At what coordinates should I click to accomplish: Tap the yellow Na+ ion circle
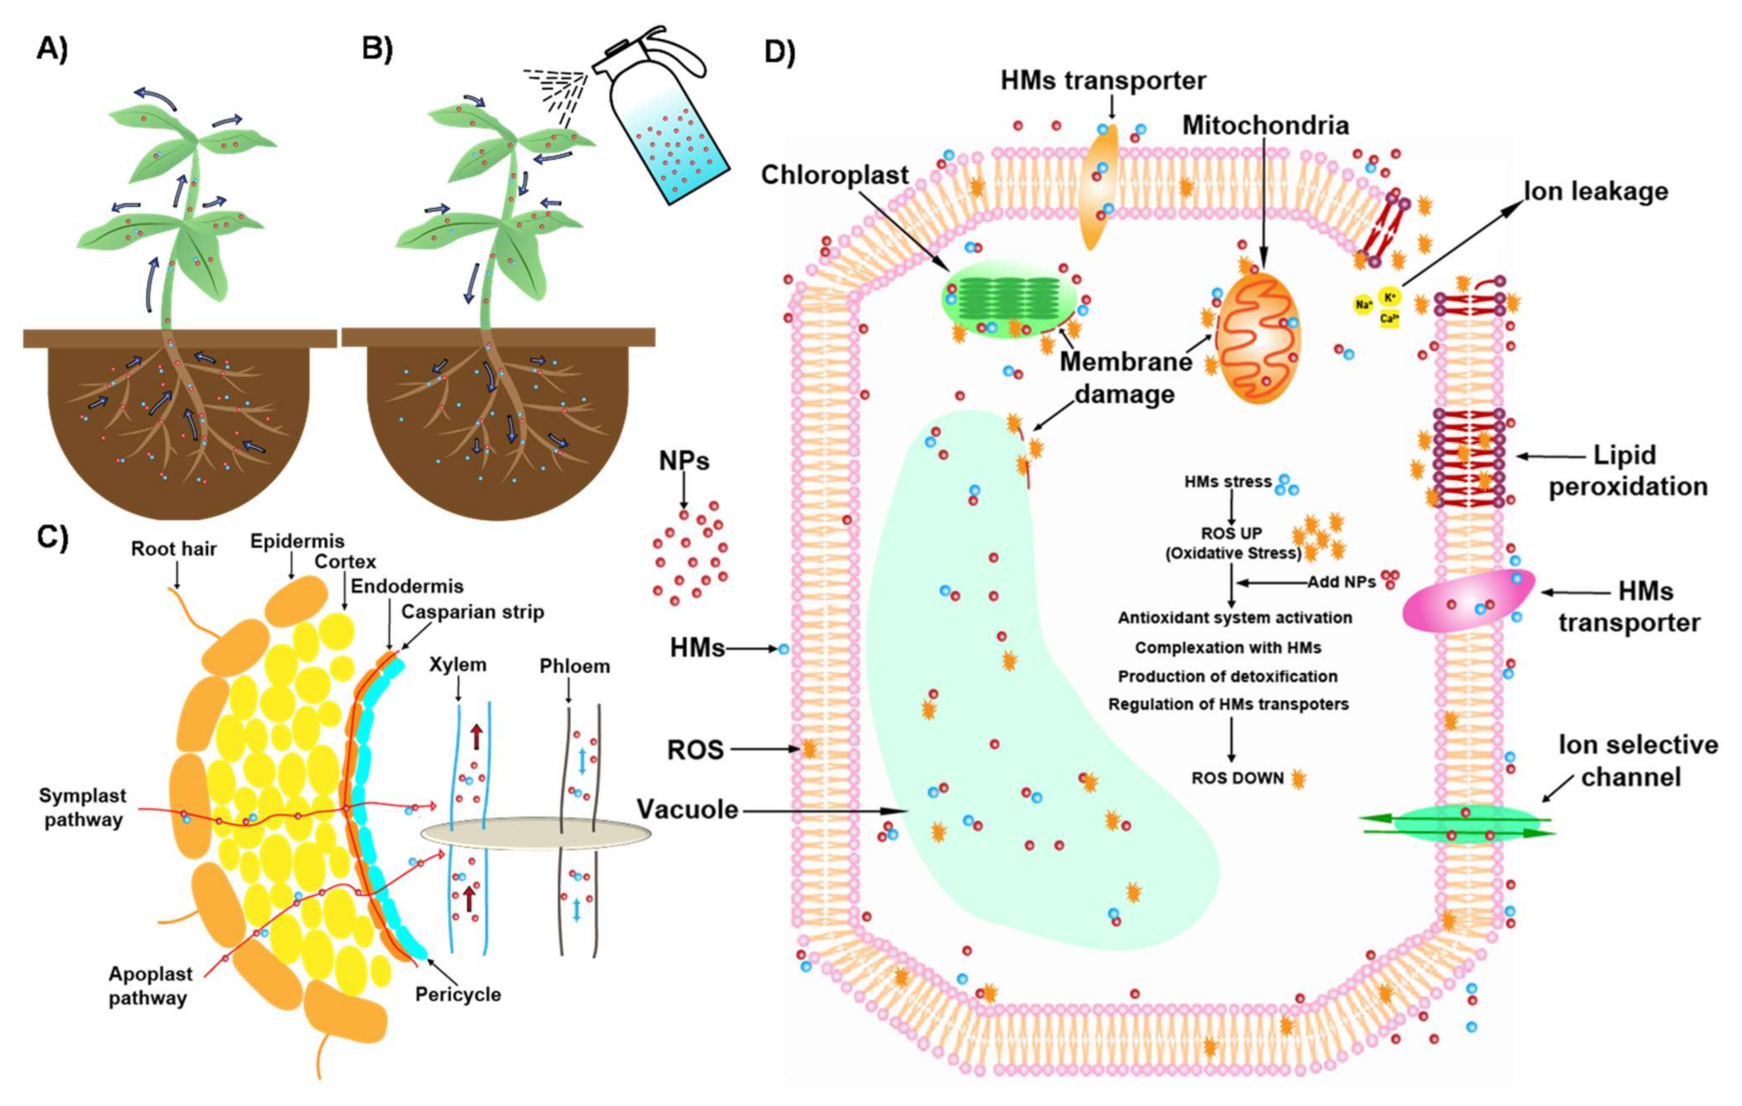click(x=1363, y=305)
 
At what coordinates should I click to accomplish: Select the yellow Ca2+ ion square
click(x=1390, y=318)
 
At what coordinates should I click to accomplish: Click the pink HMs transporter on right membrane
click(x=1469, y=600)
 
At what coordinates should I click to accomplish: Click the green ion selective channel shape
click(x=1458, y=825)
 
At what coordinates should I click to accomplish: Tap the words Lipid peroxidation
click(x=1627, y=471)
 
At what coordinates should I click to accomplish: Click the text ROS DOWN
click(x=1237, y=778)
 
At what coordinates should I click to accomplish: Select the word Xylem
click(x=457, y=664)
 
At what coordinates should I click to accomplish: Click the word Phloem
click(x=575, y=665)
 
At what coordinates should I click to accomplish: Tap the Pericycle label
click(x=458, y=994)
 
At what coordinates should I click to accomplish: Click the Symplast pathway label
click(x=82, y=808)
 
